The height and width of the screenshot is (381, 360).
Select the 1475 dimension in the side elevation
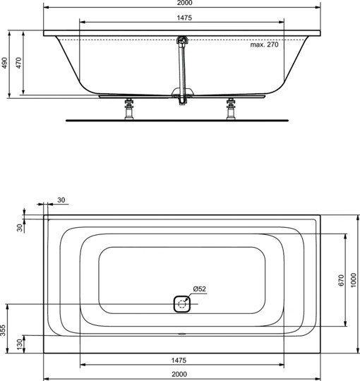(181, 17)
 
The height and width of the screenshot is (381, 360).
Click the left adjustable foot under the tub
(129, 110)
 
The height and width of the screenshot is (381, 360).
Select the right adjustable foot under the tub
(230, 110)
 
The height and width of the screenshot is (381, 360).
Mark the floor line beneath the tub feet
(176, 121)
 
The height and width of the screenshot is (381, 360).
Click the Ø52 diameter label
(199, 289)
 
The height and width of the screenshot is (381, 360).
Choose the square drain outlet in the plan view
(183, 304)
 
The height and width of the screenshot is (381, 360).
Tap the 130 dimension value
(19, 343)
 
